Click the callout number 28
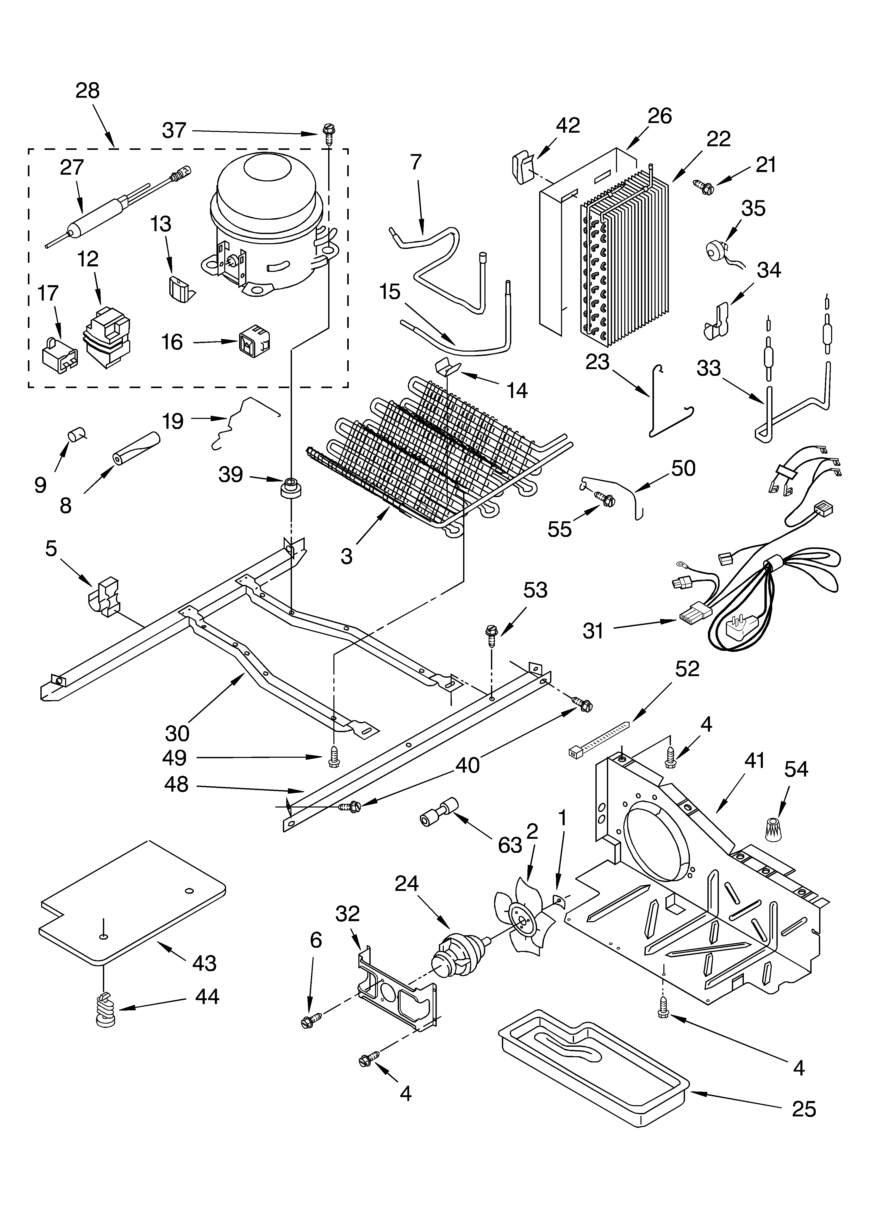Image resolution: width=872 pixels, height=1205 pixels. click(x=88, y=91)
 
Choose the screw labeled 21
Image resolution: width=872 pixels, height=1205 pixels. click(x=705, y=185)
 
